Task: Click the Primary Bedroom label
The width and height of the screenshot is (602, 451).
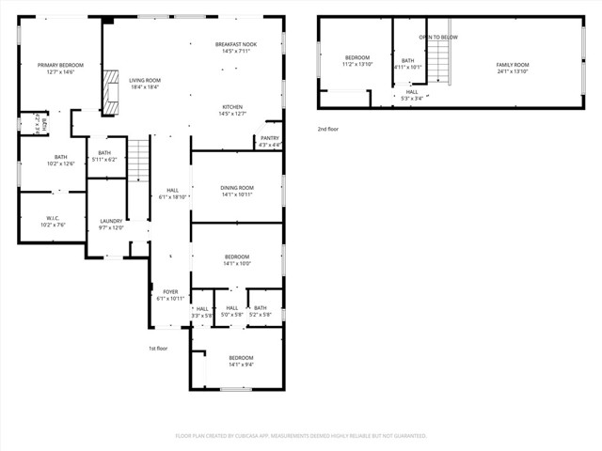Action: [x=60, y=65]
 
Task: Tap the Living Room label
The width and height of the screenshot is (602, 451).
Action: [x=144, y=81]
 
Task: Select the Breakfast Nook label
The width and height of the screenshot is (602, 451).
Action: [x=235, y=44]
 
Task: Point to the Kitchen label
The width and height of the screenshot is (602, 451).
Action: [x=232, y=107]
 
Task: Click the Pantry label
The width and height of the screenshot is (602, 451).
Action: [x=269, y=138]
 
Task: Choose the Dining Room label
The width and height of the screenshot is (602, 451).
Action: [x=236, y=188]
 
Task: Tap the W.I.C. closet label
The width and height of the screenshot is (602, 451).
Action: [x=52, y=219]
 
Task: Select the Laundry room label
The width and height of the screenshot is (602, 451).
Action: [x=111, y=222]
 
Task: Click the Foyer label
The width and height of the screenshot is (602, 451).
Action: [x=170, y=292]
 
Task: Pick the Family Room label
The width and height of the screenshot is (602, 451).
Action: [x=513, y=65]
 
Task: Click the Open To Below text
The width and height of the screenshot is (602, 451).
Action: [x=438, y=37]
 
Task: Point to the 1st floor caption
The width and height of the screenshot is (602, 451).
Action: [x=158, y=349]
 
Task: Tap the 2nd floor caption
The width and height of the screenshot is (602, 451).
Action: [x=327, y=129]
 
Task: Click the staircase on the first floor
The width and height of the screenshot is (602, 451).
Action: [x=138, y=160]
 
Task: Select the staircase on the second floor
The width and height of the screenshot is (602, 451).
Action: [x=438, y=63]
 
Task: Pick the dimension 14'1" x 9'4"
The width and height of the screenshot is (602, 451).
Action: [x=236, y=365]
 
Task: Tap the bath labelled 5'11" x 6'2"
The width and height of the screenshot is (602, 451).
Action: [x=104, y=156]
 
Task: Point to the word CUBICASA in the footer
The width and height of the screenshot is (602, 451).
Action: [x=255, y=436]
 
